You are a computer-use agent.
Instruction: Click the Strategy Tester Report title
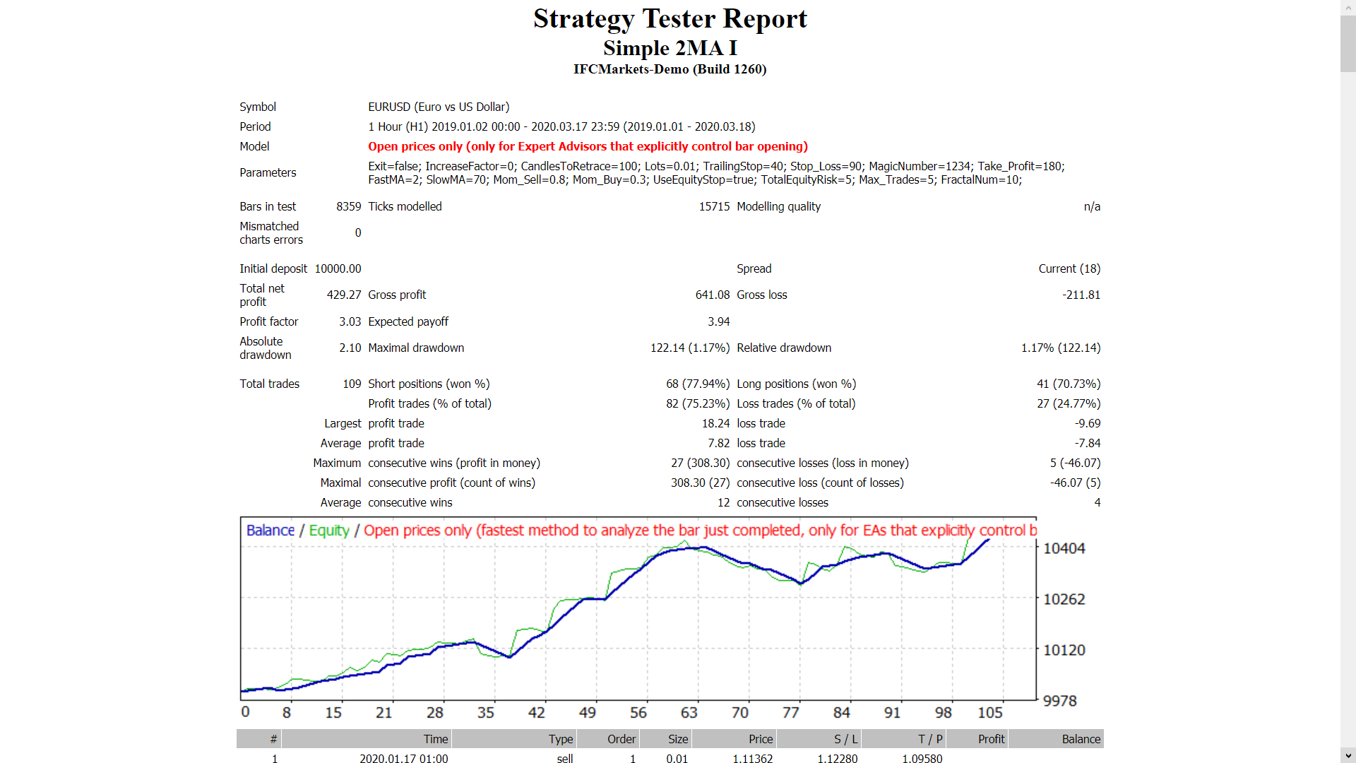coord(670,19)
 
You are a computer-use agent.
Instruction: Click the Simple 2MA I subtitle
coord(670,48)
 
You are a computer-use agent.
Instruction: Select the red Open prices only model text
coord(588,146)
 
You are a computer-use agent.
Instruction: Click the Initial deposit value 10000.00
coord(338,268)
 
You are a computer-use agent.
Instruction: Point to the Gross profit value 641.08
coord(712,295)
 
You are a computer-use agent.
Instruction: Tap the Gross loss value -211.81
coord(1081,295)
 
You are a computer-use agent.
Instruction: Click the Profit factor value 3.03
coord(350,321)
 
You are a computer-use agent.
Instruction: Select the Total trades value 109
coord(352,384)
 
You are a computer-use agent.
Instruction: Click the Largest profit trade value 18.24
coord(715,423)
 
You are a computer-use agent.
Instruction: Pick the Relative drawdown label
coord(784,348)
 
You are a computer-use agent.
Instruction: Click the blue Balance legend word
coord(270,531)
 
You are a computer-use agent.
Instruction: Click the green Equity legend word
coord(329,531)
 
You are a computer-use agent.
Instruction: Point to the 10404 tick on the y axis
coord(1064,548)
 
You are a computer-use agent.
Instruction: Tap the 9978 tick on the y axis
coord(1059,701)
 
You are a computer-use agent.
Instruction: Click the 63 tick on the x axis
coord(689,713)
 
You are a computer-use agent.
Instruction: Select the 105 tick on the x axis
coord(990,713)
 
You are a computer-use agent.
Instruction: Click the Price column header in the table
coord(760,739)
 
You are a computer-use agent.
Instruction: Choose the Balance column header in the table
coord(1081,739)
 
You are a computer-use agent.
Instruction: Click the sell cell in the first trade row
coord(564,758)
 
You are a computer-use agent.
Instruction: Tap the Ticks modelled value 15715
coord(714,206)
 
